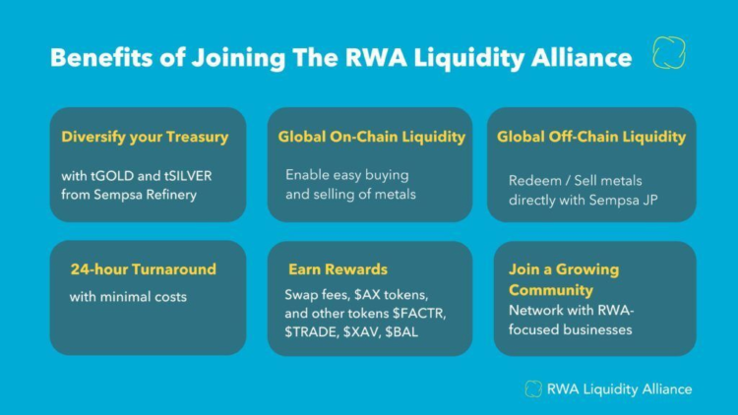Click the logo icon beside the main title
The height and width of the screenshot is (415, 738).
669,53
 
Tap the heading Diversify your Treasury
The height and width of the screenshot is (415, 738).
145,137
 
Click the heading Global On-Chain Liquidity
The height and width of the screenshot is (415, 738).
371,137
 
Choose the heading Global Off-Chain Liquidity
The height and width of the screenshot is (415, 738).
590,137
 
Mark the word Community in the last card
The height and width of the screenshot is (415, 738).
550,290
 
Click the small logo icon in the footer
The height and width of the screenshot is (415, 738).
533,388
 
